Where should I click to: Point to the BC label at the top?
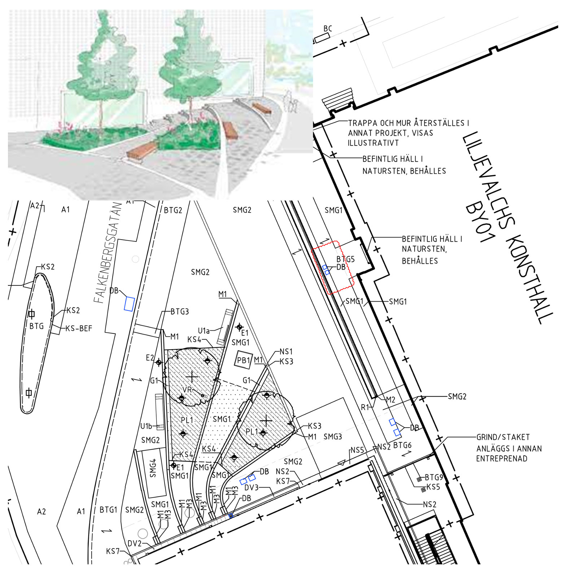(x=328, y=29)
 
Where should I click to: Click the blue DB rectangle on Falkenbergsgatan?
(x=129, y=304)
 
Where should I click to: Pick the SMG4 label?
(x=153, y=468)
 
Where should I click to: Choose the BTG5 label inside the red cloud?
(x=345, y=259)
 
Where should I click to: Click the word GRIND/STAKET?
(x=503, y=437)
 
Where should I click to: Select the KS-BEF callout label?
(x=79, y=328)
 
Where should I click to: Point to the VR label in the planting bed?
(x=187, y=390)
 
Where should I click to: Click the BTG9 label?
(x=434, y=477)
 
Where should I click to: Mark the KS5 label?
(x=433, y=487)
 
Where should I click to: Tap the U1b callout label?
(x=146, y=426)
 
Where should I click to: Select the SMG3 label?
(x=333, y=437)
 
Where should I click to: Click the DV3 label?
(x=251, y=487)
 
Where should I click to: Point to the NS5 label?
(x=357, y=450)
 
